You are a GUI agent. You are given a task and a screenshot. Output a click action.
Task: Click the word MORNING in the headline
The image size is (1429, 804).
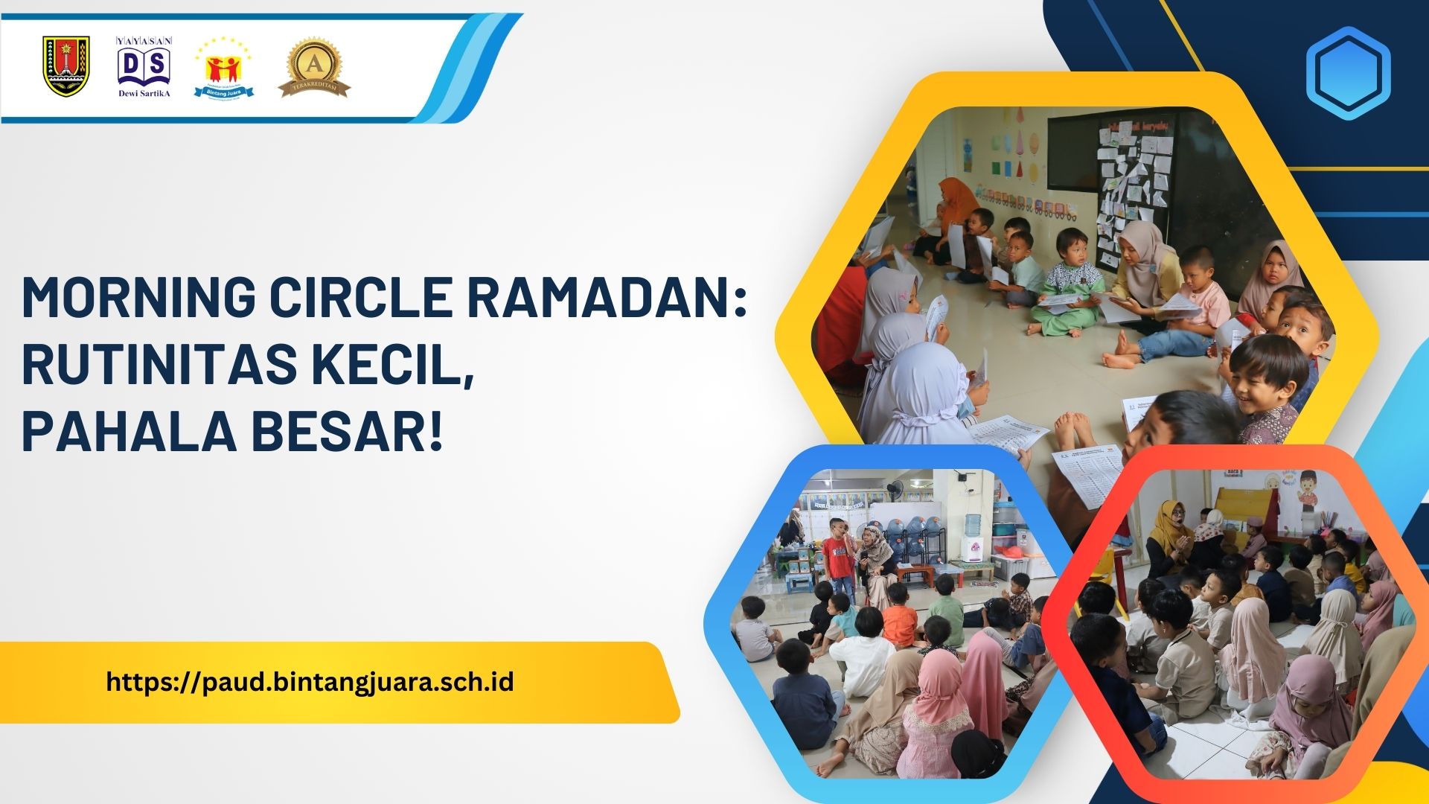(x=137, y=299)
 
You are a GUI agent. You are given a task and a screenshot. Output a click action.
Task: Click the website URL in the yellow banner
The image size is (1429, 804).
(x=310, y=682)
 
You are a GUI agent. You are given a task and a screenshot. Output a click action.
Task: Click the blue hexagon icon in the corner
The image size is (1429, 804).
(x=1348, y=74)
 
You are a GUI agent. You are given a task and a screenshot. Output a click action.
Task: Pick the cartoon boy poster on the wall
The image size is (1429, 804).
(x=1307, y=491)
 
